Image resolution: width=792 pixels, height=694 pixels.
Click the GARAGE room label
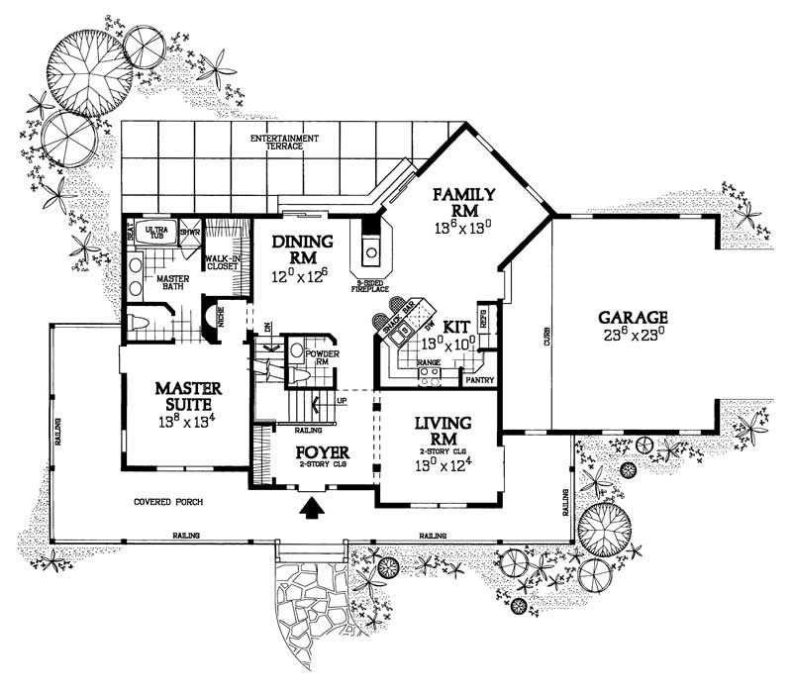[633, 318]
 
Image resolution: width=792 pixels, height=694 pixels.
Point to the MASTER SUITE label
[187, 395]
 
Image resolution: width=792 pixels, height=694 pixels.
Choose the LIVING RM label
[442, 431]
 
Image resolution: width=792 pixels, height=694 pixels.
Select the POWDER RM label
[323, 355]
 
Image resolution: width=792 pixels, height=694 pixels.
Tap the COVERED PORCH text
[169, 502]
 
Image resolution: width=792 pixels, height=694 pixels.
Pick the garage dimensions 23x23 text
[633, 337]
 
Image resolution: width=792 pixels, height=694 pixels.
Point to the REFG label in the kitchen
[484, 320]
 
